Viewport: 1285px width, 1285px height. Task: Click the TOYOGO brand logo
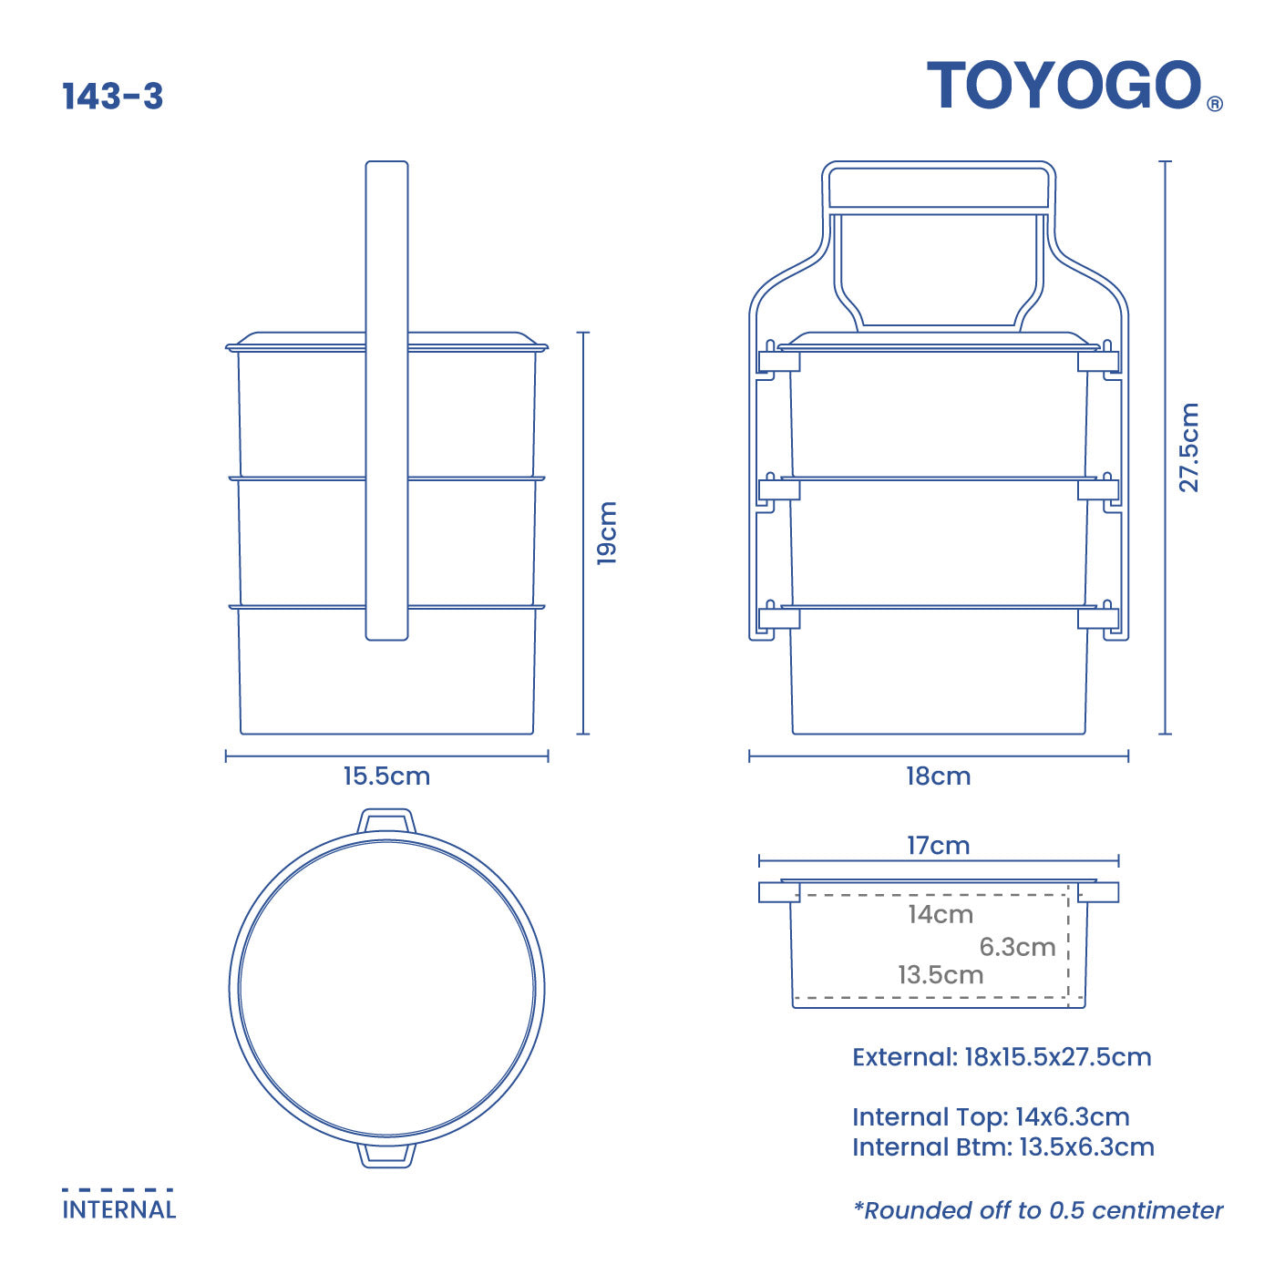[x=1064, y=86]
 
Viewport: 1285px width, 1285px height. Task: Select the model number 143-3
[x=112, y=97]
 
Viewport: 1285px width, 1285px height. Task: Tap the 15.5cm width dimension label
[x=386, y=776]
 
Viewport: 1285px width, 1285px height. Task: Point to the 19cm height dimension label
[x=607, y=533]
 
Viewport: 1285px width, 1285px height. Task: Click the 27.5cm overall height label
[x=1189, y=447]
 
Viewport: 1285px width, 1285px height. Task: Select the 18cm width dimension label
[x=938, y=776]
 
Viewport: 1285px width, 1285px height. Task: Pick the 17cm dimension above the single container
[x=938, y=846]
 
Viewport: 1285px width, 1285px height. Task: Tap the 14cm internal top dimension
[x=940, y=914]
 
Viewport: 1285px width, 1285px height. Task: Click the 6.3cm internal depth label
[x=1017, y=947]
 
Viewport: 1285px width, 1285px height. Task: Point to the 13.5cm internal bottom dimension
[x=940, y=975]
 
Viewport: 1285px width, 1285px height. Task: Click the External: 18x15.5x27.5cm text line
[x=1002, y=1057]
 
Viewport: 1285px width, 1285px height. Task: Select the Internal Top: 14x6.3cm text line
[x=991, y=1117]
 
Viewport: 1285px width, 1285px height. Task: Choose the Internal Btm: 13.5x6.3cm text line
[x=1002, y=1147]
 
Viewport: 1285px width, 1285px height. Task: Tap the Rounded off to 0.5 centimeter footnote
[x=1038, y=1210]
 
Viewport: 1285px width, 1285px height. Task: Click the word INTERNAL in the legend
[x=118, y=1210]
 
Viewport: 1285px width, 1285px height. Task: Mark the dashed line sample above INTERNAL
[x=118, y=1189]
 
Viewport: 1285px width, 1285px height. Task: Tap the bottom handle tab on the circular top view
[x=386, y=1155]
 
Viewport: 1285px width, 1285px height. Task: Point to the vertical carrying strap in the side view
[x=386, y=401]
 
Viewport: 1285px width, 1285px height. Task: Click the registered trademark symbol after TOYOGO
[x=1215, y=105]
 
